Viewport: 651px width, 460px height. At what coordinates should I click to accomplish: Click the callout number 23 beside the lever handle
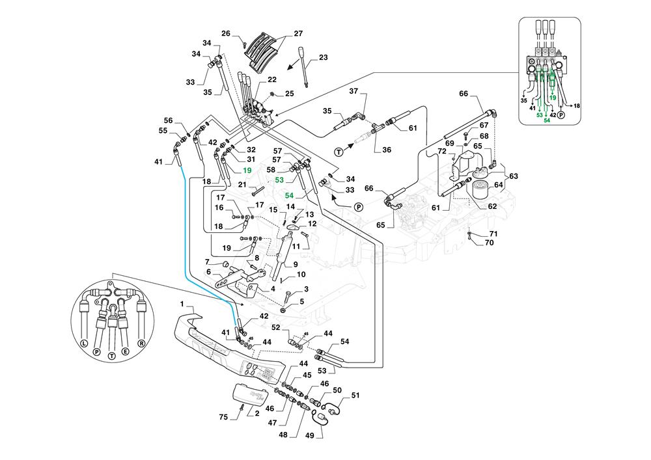323,59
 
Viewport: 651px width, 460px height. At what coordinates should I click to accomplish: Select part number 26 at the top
225,33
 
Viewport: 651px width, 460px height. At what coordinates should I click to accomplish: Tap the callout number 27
298,33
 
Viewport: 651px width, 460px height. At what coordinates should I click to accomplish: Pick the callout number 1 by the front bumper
183,304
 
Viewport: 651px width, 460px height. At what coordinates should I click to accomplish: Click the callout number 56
168,120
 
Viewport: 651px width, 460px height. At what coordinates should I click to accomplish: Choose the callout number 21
241,185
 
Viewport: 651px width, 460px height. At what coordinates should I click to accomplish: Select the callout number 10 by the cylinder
301,275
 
